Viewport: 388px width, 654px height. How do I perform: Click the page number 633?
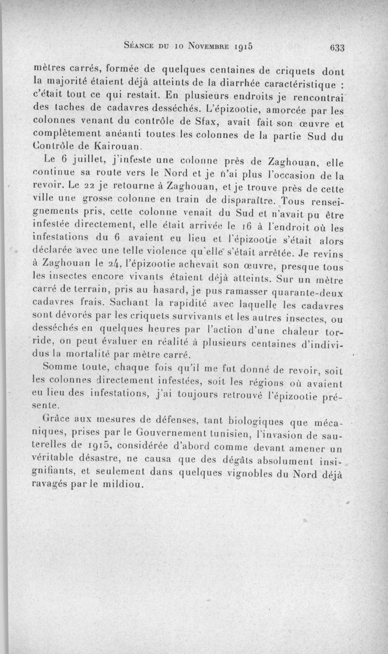click(x=336, y=48)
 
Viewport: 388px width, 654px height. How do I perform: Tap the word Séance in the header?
click(x=141, y=47)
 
